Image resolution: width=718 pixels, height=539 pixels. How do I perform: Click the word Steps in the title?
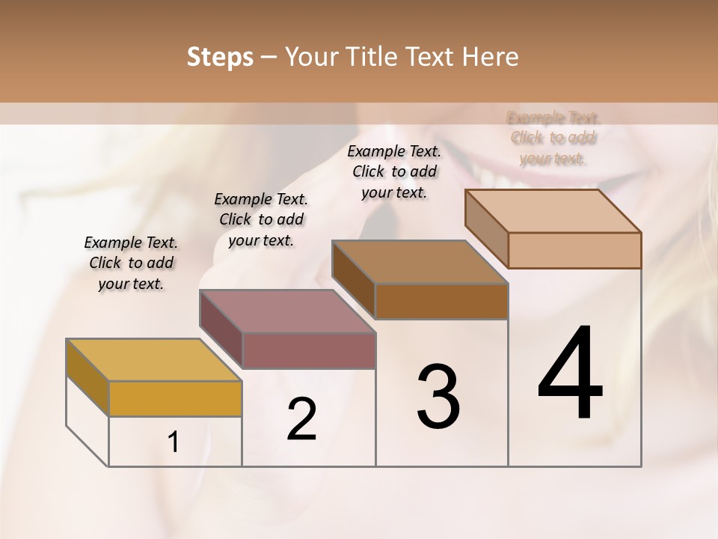tap(220, 57)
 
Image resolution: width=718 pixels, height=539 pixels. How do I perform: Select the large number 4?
tap(570, 374)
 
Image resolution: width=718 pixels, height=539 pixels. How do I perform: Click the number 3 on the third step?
tap(438, 396)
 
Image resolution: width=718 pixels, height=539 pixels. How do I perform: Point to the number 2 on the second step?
tap(301, 419)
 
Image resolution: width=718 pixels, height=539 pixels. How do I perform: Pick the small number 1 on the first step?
tap(174, 442)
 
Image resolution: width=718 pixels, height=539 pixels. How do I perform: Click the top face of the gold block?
tap(154, 360)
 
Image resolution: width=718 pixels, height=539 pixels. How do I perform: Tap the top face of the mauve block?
tap(287, 311)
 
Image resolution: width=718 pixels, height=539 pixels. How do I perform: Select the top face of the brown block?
tap(420, 262)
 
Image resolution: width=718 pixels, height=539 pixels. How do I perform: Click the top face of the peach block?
tap(553, 211)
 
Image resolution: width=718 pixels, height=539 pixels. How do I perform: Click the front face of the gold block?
tap(175, 398)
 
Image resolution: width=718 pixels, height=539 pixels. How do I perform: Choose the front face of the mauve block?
tap(309, 350)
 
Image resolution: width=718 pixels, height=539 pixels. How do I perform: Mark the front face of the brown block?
tap(441, 301)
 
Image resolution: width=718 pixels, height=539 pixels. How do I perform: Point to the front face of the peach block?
tap(574, 250)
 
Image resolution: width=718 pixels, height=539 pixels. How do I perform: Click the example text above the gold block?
tap(131, 263)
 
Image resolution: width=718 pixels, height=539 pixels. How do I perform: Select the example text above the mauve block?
tap(261, 219)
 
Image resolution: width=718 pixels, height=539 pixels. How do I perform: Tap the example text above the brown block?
tap(394, 171)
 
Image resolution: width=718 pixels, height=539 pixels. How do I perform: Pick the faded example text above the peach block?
tap(553, 138)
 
